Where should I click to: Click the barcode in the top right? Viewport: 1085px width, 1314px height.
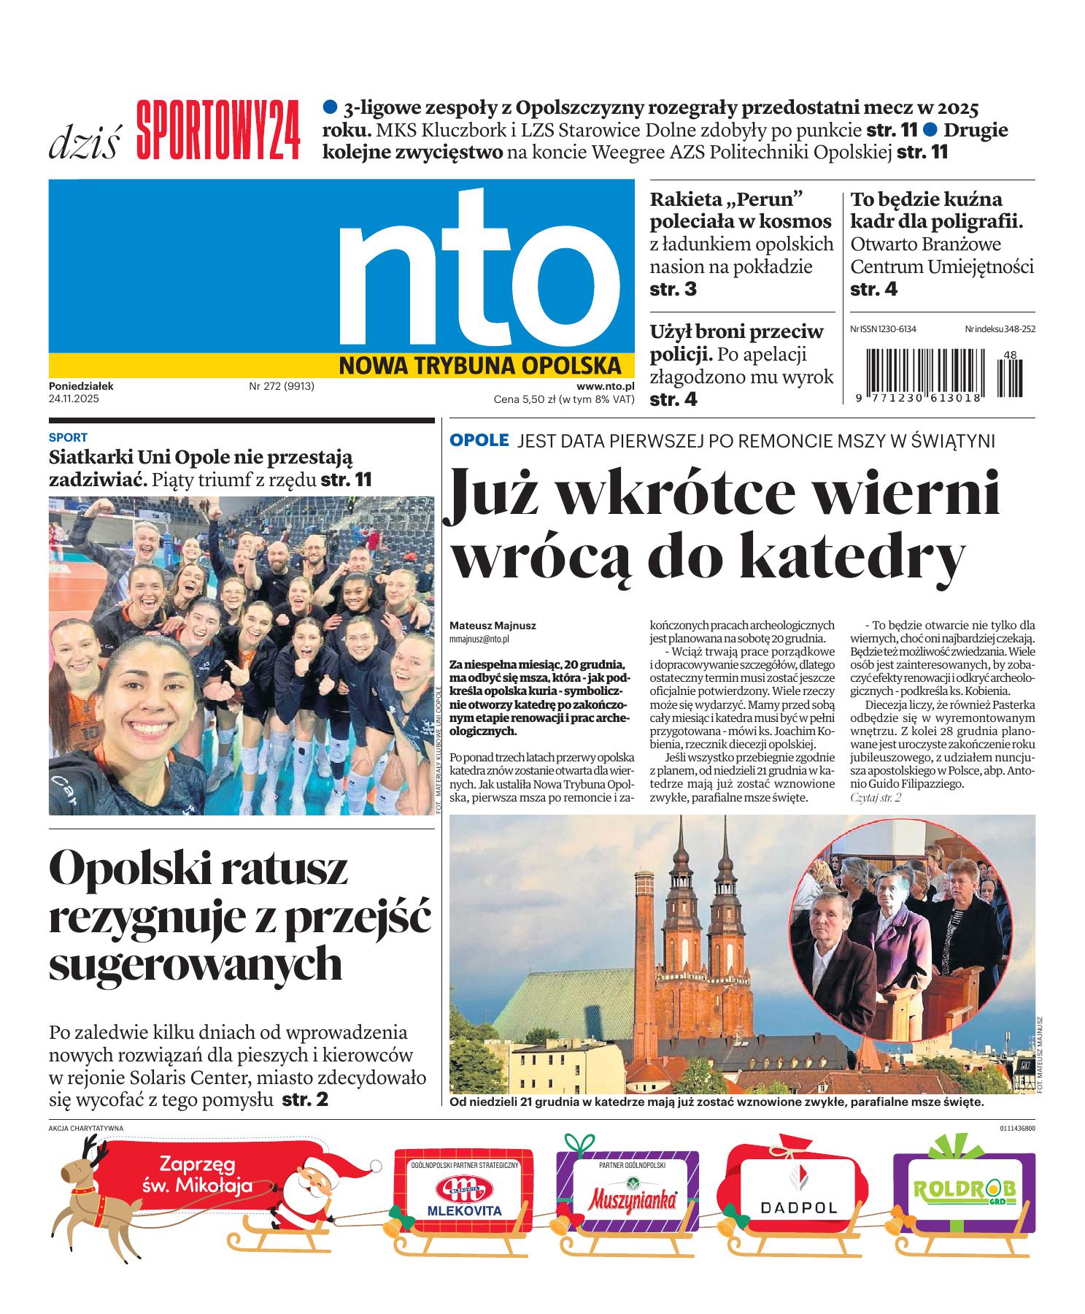(x=941, y=372)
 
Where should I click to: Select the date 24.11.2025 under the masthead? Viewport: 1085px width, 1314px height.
(x=74, y=399)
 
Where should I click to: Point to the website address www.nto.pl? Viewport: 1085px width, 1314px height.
(x=605, y=386)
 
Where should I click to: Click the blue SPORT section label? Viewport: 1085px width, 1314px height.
(x=68, y=437)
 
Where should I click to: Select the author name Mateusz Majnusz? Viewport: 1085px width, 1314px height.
(x=493, y=626)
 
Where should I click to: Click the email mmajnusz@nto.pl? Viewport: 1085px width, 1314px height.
(x=479, y=639)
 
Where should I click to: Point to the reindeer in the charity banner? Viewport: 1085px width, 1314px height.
(x=88, y=1197)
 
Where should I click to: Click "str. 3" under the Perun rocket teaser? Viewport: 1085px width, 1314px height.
(x=673, y=289)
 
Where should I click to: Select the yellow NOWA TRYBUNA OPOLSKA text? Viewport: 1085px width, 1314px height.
(x=479, y=364)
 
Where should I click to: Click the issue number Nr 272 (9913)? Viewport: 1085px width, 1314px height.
(x=282, y=386)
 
